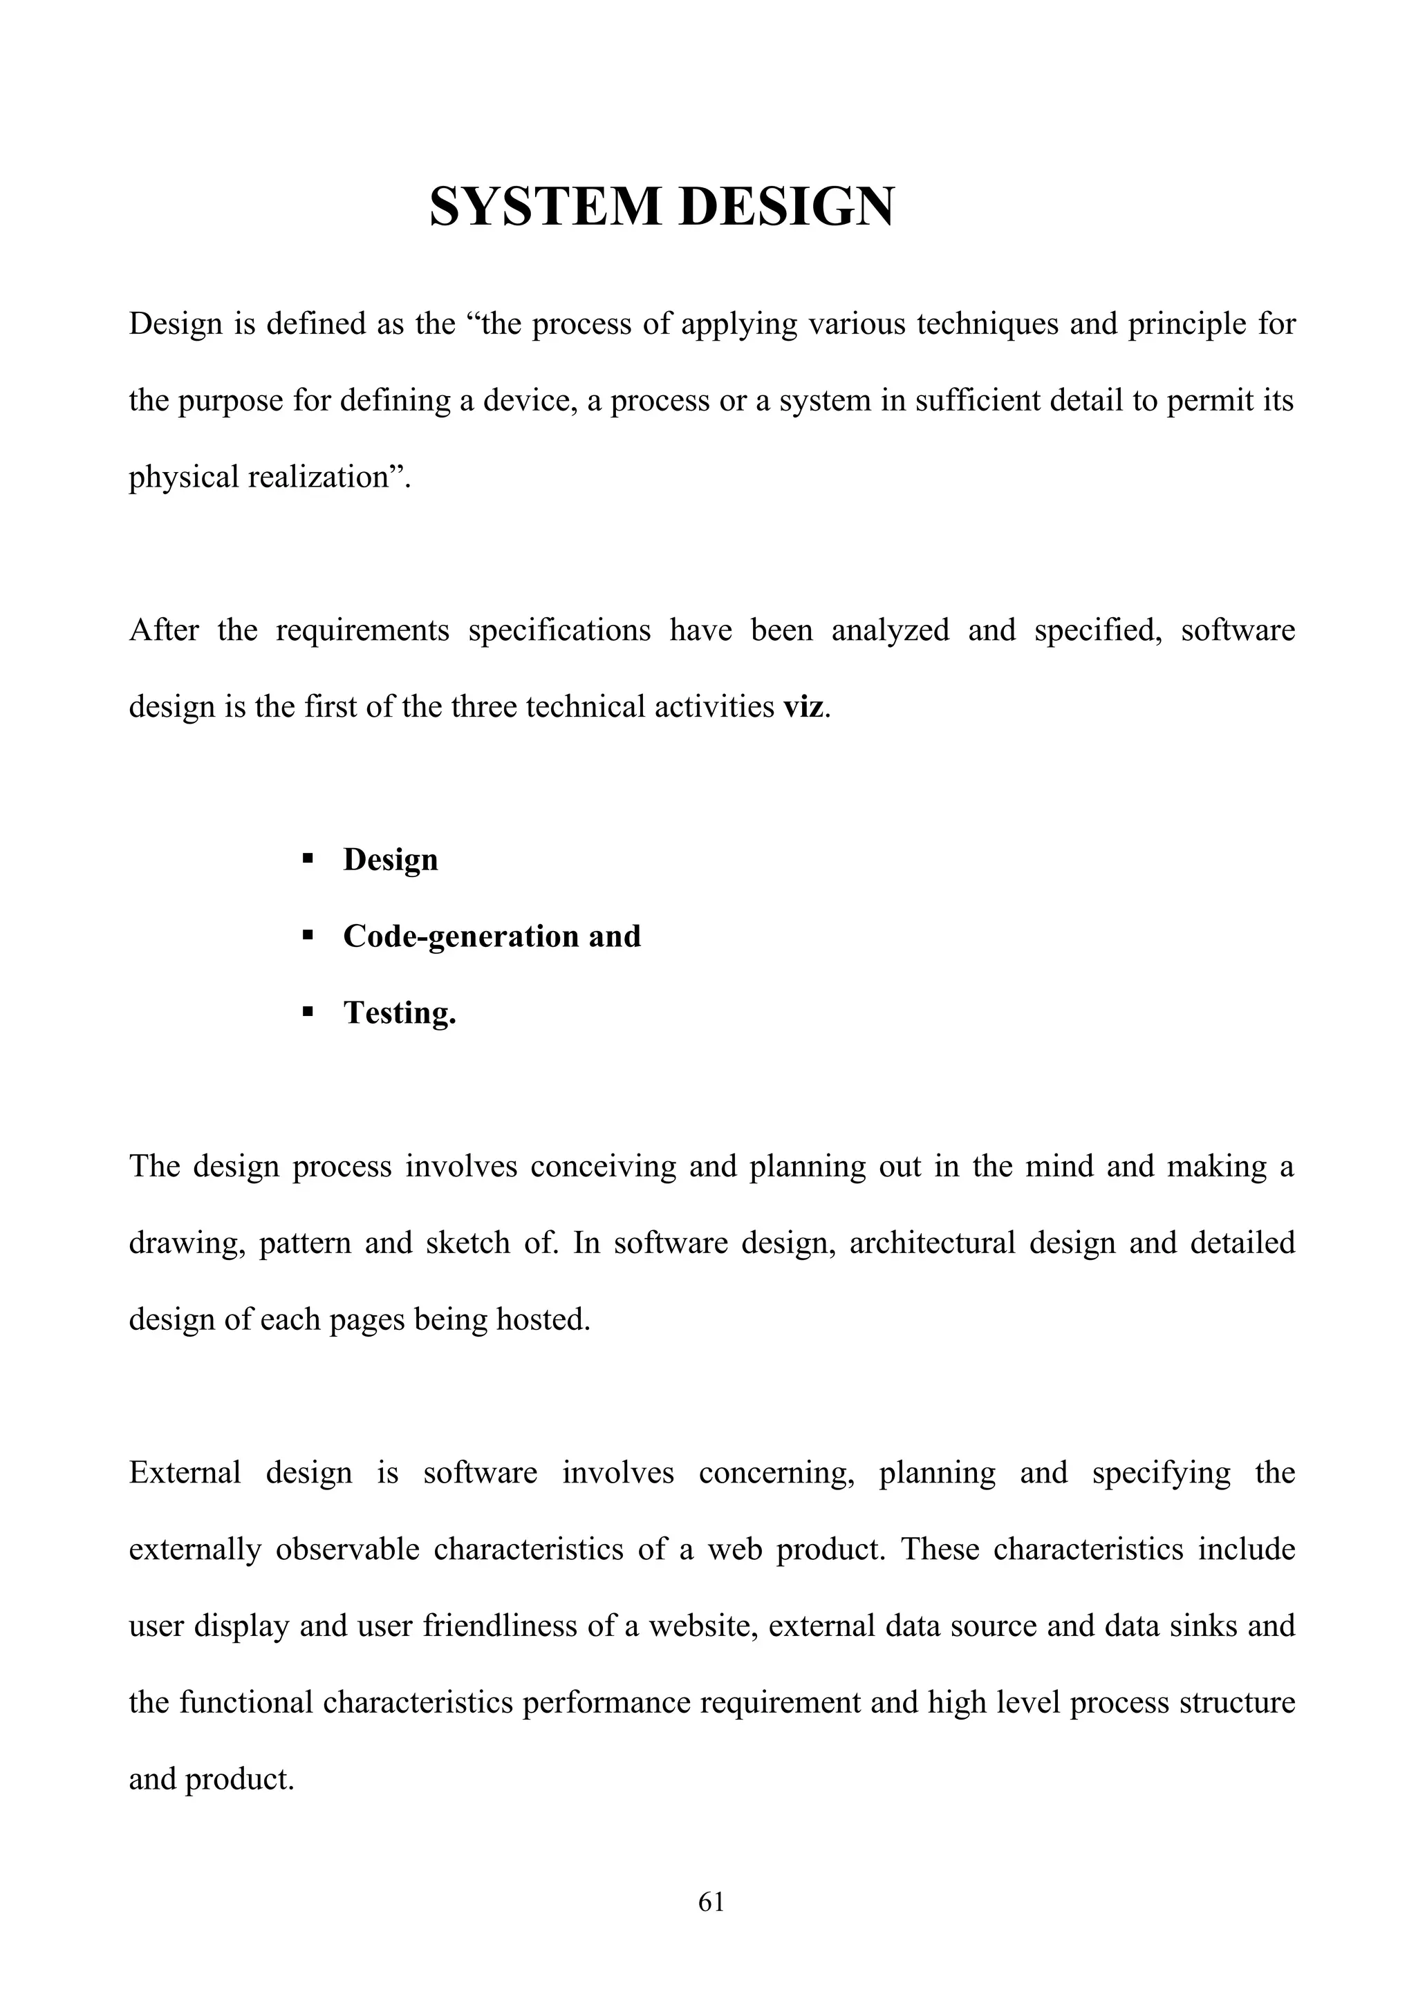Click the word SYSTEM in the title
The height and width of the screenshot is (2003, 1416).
click(x=544, y=207)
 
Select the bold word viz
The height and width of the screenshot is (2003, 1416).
click(x=803, y=706)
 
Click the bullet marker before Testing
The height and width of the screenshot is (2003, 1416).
click(x=307, y=1013)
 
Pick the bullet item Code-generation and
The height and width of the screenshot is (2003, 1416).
click(x=491, y=936)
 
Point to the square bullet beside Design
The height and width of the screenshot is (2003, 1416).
click(x=307, y=859)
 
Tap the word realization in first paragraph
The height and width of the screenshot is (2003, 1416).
click(x=316, y=477)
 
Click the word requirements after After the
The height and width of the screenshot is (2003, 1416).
click(x=362, y=630)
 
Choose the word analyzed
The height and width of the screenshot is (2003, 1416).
click(x=890, y=630)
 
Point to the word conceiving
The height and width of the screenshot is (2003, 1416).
click(x=603, y=1167)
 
